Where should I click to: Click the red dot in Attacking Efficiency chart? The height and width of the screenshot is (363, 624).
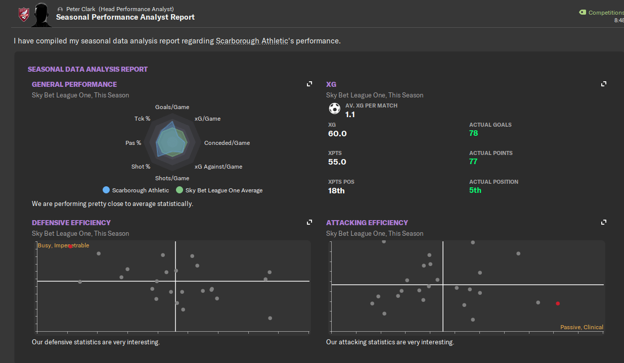point(558,303)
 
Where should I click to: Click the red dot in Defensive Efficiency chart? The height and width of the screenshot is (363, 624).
point(70,246)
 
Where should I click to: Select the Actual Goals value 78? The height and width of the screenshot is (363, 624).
point(473,133)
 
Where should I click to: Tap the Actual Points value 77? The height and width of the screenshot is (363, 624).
point(473,162)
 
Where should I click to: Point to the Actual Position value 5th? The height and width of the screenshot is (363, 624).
point(475,190)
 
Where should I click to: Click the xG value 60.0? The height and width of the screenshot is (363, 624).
point(337,134)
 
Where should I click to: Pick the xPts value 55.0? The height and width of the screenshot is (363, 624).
point(337,162)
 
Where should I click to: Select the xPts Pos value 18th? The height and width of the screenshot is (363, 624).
point(336,191)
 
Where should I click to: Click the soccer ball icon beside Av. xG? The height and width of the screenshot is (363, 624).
point(334,108)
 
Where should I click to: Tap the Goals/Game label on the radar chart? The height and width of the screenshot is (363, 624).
point(172,107)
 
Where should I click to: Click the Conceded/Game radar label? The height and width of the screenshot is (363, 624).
point(227,143)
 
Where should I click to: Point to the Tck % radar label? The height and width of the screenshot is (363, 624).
point(142,119)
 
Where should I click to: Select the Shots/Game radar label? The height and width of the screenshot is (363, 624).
point(172,178)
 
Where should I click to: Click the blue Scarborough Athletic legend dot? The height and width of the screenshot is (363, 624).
point(106,190)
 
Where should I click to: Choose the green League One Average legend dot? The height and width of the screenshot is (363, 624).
point(180,190)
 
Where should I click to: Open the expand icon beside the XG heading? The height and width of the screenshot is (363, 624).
point(603,84)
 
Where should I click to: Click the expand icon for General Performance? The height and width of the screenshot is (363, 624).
point(309,84)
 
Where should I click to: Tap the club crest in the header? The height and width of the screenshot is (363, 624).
point(24,15)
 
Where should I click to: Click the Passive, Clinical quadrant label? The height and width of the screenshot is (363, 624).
point(582,327)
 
